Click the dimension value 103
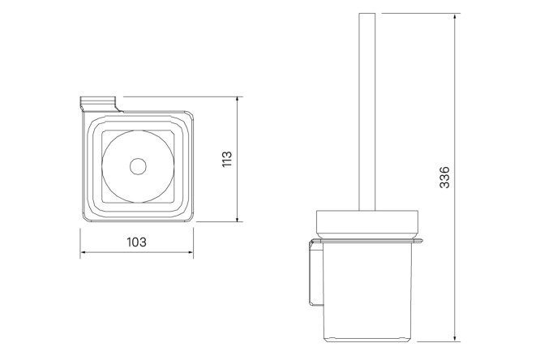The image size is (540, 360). click(x=137, y=242)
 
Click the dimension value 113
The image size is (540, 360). click(x=227, y=159)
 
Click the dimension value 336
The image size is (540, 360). click(x=444, y=177)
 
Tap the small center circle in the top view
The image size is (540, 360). click(x=138, y=166)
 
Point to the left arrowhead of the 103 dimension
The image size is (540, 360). click(x=84, y=252)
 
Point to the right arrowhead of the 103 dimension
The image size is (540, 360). click(x=190, y=252)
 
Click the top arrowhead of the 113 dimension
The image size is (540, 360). click(x=238, y=101)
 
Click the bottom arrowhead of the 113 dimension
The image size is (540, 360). click(x=238, y=218)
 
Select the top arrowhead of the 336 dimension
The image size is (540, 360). click(x=456, y=17)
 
